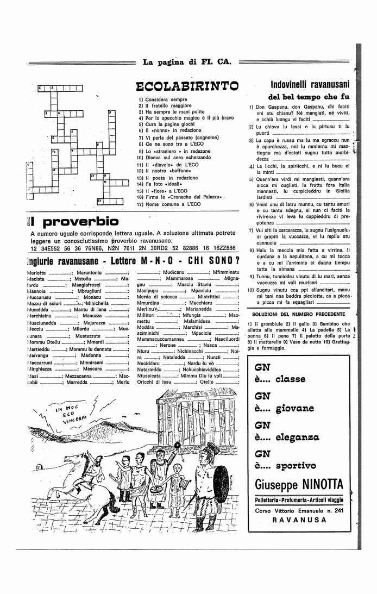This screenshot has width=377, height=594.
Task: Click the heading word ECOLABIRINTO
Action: [x=187, y=86]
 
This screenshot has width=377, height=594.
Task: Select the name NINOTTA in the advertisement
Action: [x=322, y=483]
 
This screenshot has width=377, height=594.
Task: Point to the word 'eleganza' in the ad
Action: [x=297, y=436]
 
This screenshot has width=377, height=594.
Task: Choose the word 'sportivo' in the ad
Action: [x=296, y=465]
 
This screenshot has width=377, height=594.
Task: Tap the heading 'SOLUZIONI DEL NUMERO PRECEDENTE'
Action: [x=298, y=314]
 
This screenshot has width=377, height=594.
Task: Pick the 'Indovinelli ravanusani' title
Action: [x=310, y=84]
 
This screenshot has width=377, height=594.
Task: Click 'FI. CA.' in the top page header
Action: [x=216, y=62]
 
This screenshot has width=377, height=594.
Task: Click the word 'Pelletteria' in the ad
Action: [x=270, y=499]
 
